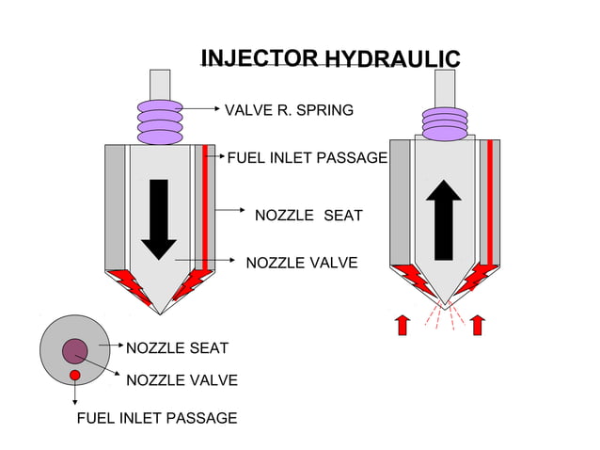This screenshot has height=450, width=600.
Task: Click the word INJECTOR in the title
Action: [x=259, y=57]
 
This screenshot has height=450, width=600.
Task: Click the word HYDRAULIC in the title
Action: [x=392, y=60]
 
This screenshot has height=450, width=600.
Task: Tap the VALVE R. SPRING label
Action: [x=289, y=110]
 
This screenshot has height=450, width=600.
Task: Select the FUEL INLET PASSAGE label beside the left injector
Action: [x=307, y=157]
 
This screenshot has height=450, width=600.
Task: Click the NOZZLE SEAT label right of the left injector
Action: [x=308, y=216]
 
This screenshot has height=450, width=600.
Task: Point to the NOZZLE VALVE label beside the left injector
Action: [x=302, y=263]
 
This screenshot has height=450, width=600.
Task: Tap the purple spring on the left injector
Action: [x=158, y=121]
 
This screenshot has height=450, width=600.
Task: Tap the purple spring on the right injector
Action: [x=444, y=121]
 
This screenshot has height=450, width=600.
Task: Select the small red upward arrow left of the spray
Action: [x=403, y=325]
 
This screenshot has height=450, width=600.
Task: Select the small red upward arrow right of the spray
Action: [x=478, y=325]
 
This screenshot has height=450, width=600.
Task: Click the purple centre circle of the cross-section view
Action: [x=74, y=352]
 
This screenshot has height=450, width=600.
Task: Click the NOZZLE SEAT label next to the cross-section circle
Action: [x=177, y=348]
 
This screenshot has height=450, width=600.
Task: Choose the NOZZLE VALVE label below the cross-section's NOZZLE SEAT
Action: [x=182, y=380]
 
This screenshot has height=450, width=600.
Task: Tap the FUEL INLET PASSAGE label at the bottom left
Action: [x=157, y=417]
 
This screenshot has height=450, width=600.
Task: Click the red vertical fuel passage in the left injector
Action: [x=205, y=207]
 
